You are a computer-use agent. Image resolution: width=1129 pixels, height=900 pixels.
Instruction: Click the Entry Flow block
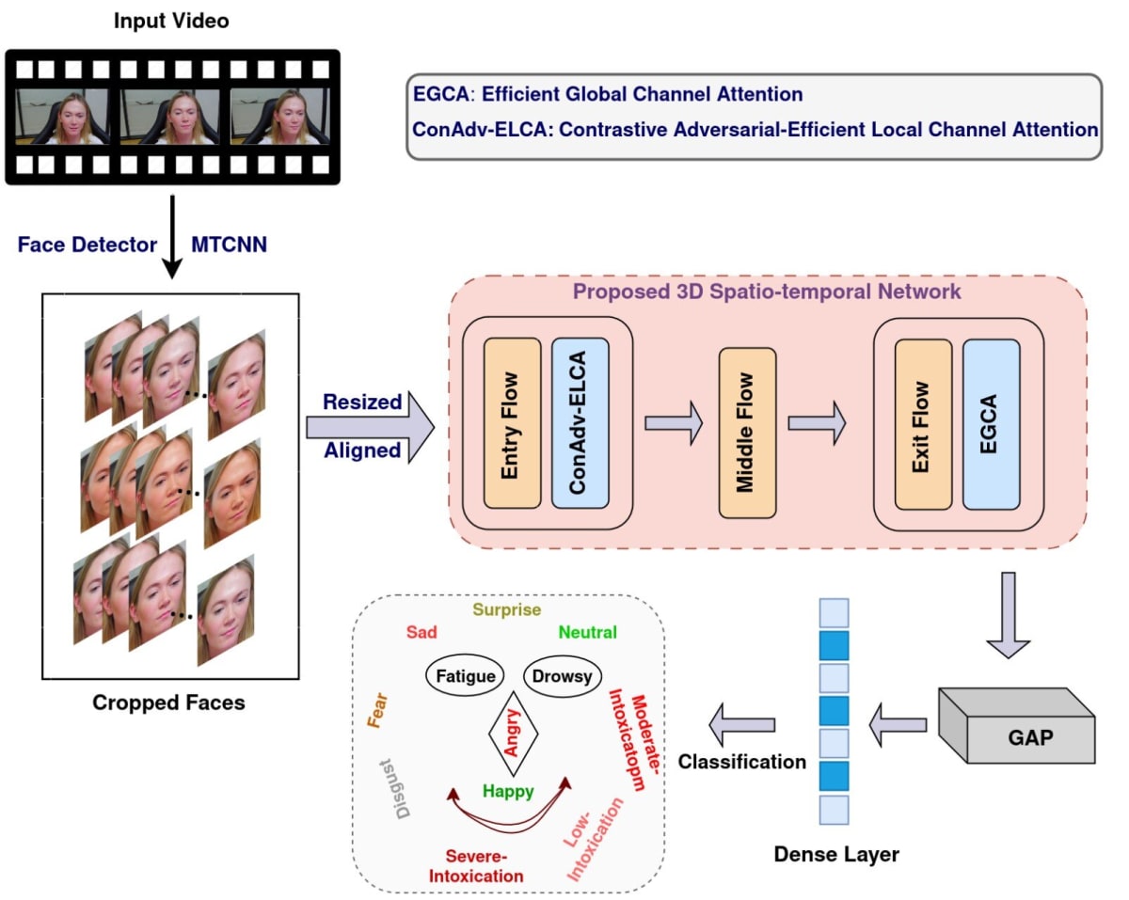(512, 423)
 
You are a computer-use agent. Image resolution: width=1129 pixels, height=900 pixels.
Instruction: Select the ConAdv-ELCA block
(580, 423)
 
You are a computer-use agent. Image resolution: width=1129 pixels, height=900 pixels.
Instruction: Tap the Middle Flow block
(747, 433)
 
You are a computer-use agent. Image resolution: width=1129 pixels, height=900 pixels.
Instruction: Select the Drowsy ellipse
(563, 676)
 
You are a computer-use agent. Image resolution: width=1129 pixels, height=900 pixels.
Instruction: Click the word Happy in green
(508, 792)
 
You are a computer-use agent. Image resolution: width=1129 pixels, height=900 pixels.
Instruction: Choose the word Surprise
(506, 609)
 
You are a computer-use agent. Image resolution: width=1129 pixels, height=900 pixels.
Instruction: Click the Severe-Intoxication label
(476, 866)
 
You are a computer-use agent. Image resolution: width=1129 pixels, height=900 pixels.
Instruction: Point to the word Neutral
(587, 633)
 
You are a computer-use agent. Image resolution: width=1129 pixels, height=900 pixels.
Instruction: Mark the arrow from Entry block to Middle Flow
(674, 423)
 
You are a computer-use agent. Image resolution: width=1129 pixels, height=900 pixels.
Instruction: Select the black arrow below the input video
(171, 238)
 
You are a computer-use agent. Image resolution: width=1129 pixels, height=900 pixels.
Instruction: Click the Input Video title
(171, 21)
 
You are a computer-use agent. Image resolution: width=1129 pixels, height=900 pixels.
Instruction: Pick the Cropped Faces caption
(168, 703)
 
